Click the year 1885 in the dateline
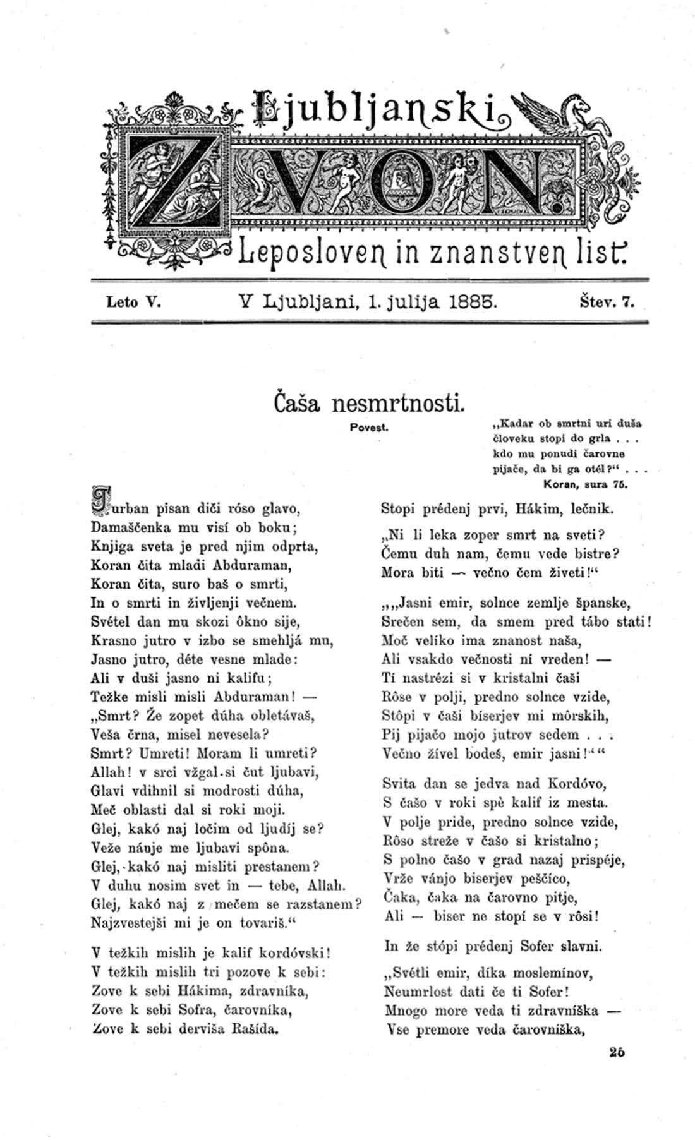pos(465,301)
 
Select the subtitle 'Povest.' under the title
pos(368,427)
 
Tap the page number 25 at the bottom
pos(617,1052)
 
